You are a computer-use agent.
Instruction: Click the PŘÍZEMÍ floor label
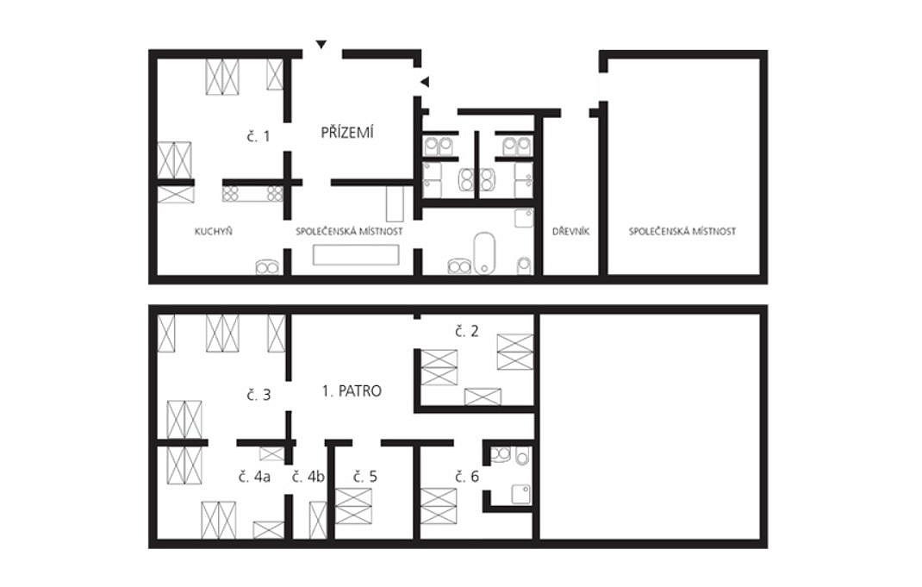coord(347,133)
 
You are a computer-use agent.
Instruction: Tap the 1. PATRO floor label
coord(352,390)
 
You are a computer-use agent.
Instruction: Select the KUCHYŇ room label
coord(214,231)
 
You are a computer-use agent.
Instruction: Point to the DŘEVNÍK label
coord(570,231)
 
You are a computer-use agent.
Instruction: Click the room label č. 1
coord(259,136)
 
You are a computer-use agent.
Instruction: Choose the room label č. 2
coord(467,331)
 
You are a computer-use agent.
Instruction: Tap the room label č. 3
coord(259,395)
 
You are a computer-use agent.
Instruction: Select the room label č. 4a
coord(254,477)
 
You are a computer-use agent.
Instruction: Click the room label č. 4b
coord(308,477)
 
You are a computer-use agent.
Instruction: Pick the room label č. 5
coord(365,477)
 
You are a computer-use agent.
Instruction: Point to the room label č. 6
coord(467,477)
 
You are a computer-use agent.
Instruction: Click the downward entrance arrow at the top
coord(321,45)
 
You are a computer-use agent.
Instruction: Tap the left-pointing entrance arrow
coord(425,83)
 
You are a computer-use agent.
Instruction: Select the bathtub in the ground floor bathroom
coord(484,253)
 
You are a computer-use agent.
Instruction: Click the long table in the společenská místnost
coord(356,254)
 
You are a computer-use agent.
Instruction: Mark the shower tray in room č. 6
coord(521,494)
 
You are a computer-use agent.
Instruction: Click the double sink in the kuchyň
coord(266,267)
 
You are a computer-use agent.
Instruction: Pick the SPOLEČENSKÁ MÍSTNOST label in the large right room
coord(682,231)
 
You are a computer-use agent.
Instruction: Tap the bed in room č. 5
coord(353,506)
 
